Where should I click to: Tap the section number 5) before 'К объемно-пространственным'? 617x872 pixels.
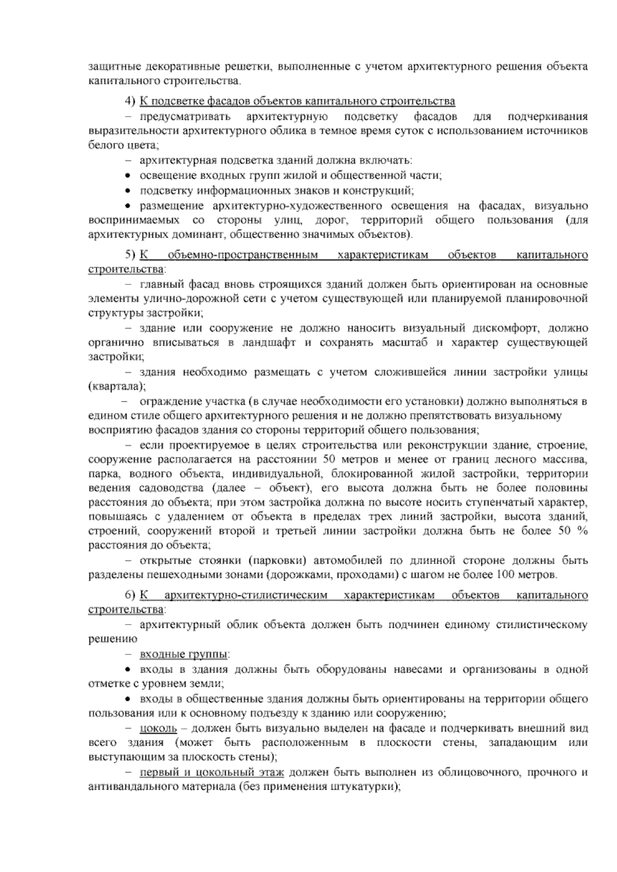pyautogui.click(x=130, y=255)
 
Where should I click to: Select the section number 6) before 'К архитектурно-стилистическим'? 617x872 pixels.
pyautogui.click(x=130, y=595)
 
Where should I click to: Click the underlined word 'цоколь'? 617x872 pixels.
pyautogui.click(x=158, y=729)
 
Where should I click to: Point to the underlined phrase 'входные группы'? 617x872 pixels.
pyautogui.click(x=184, y=655)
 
